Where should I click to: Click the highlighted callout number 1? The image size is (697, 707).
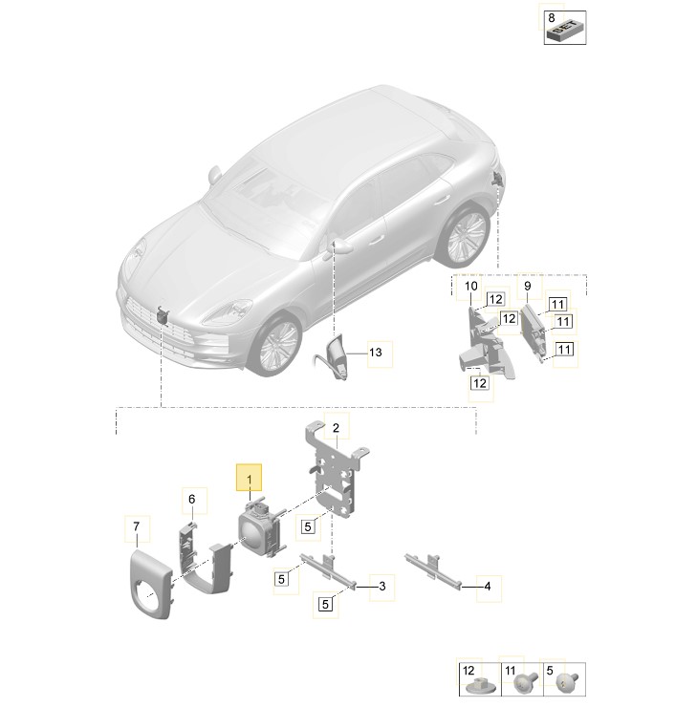click(249, 480)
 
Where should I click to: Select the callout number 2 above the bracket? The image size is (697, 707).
click(336, 428)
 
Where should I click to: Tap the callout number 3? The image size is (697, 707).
click(382, 587)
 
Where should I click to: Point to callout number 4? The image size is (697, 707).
click(488, 587)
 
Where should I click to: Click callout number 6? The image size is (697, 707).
click(192, 499)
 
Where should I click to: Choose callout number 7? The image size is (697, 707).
click(136, 526)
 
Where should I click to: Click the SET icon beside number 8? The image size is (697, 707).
click(566, 32)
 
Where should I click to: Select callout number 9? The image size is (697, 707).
click(528, 286)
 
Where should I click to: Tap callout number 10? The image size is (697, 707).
click(471, 286)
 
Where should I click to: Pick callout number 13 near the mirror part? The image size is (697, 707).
click(376, 353)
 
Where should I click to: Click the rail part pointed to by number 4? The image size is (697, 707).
click(433, 569)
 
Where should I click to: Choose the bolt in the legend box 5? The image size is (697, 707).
click(567, 681)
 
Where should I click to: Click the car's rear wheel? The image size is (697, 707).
click(465, 235)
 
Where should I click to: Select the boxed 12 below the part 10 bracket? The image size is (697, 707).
click(480, 383)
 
